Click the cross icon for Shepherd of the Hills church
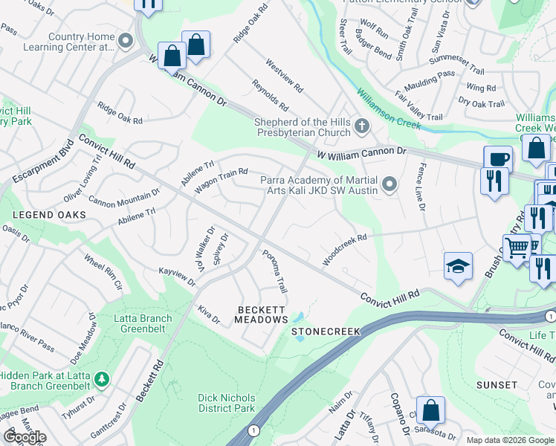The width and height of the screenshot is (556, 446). (x=362, y=126)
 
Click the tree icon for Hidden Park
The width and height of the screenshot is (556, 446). (x=100, y=381)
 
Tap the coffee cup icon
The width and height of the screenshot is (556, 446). (x=498, y=159)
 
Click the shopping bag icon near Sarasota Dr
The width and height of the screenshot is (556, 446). (x=430, y=410)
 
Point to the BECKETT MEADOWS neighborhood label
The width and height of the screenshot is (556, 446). (x=262, y=314)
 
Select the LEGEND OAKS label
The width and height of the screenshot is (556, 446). (x=48, y=215)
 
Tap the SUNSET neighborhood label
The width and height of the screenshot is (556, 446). (x=497, y=385)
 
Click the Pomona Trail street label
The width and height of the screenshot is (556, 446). (x=274, y=271)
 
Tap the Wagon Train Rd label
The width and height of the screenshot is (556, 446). (x=221, y=181)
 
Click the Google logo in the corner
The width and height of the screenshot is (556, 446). (x=25, y=437)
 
